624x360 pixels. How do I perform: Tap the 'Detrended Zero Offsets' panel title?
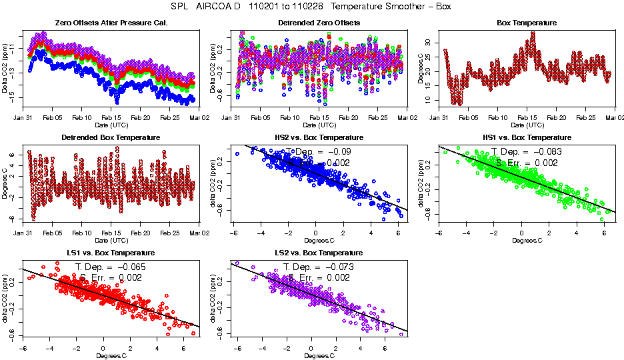(x=319, y=23)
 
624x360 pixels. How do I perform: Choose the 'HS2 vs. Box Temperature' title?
(x=319, y=138)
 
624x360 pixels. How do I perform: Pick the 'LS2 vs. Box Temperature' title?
(x=319, y=253)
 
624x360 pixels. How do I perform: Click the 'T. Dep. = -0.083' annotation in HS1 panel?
(x=527, y=152)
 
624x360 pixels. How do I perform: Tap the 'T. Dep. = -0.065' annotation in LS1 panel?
(x=111, y=267)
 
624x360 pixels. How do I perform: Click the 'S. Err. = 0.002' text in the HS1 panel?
(x=527, y=163)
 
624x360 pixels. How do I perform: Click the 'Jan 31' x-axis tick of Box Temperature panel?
(x=439, y=118)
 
